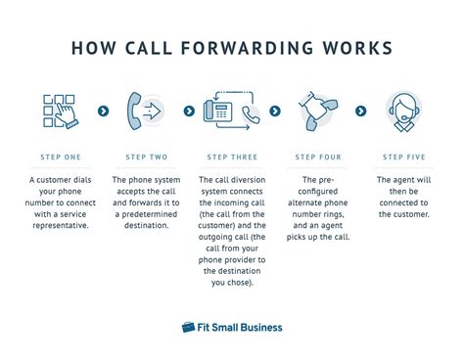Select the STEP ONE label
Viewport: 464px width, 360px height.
(61, 157)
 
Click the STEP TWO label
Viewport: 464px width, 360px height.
(147, 157)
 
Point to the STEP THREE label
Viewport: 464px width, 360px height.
(232, 157)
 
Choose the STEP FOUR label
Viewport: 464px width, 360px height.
(317, 157)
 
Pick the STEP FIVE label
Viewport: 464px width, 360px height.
(402, 157)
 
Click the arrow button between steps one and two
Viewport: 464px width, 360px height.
(104, 111)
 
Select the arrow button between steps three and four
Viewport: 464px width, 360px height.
(275, 111)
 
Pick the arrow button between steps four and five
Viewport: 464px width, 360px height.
(360, 111)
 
